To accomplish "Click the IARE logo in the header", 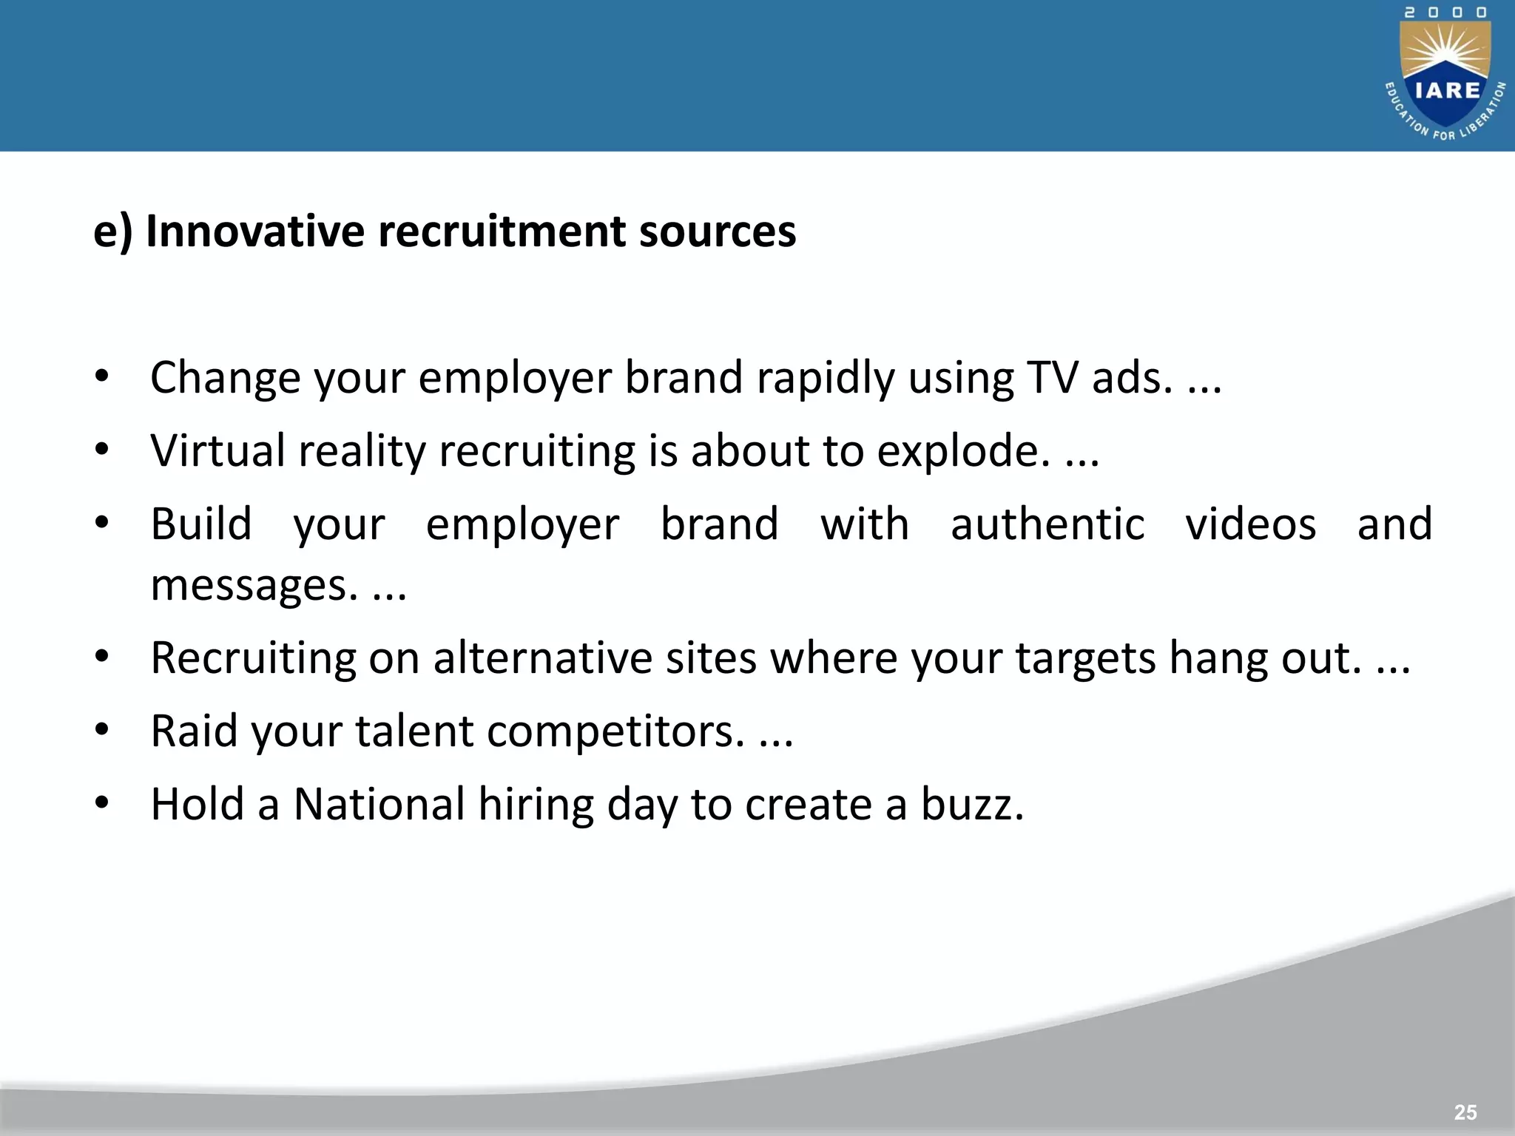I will pyautogui.click(x=1445, y=74).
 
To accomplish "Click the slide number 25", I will pyautogui.click(x=1465, y=1112).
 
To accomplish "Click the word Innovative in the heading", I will pyautogui.click(x=255, y=231).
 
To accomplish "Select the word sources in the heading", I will pyautogui.click(x=717, y=232).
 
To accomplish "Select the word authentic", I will pyautogui.click(x=1047, y=524).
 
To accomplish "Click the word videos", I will pyautogui.click(x=1250, y=524).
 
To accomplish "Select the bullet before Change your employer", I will pyautogui.click(x=102, y=376).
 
